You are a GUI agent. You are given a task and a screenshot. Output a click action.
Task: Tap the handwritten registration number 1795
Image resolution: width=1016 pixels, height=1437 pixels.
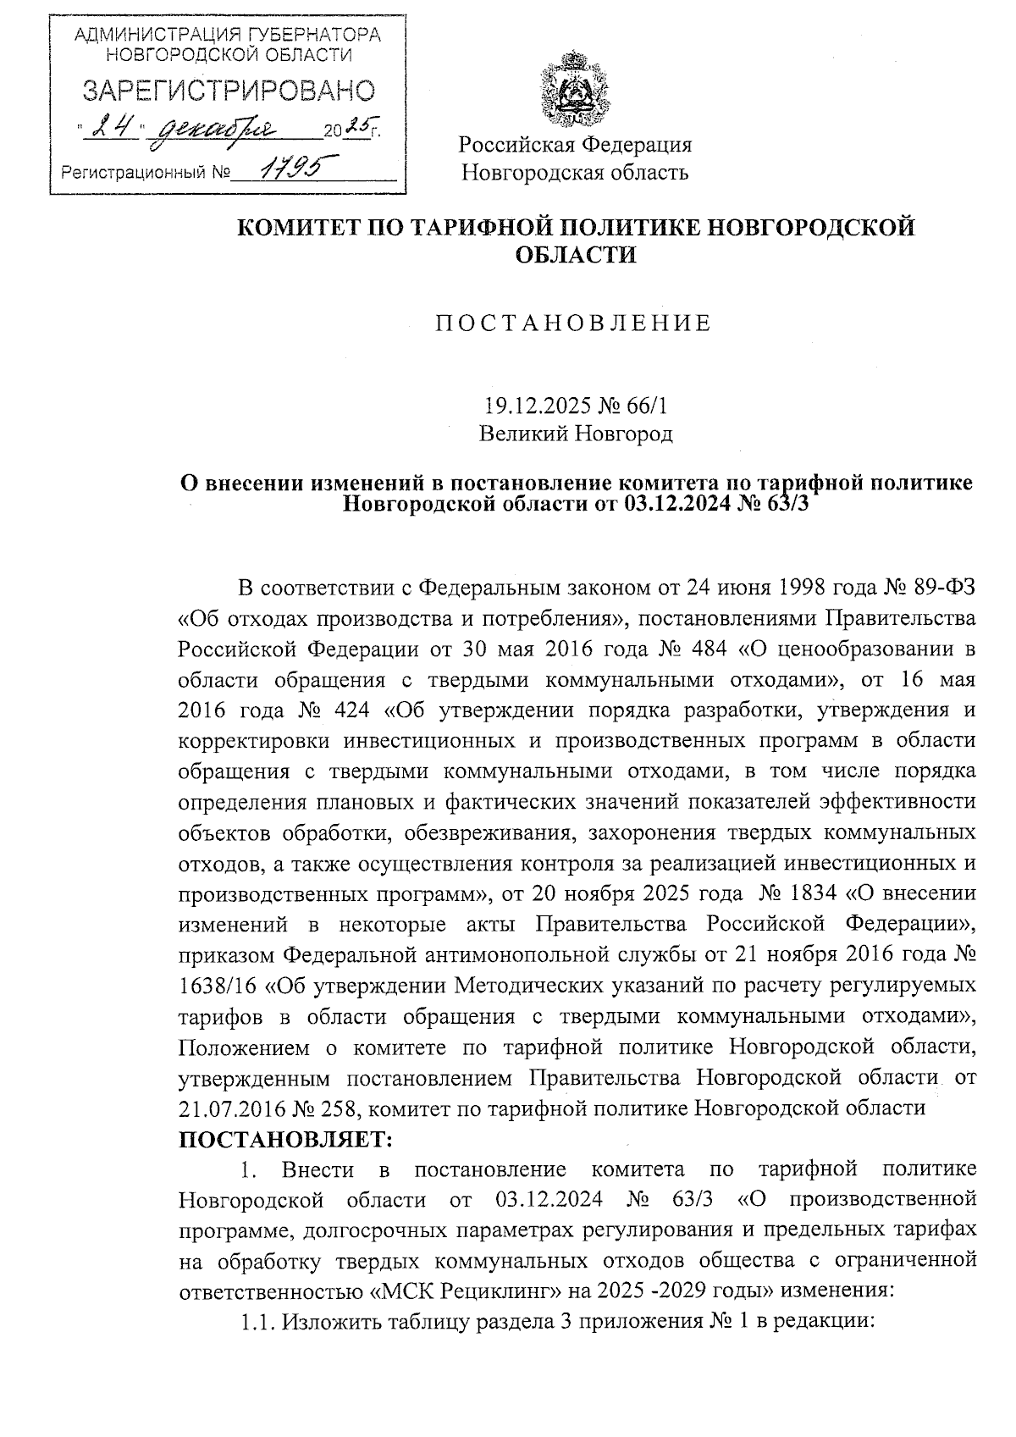point(288,169)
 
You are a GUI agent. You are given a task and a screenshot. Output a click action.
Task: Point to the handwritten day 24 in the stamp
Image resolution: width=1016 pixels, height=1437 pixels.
point(114,128)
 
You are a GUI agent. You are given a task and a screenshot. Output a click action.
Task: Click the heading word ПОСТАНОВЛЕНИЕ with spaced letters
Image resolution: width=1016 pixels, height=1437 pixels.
point(575,323)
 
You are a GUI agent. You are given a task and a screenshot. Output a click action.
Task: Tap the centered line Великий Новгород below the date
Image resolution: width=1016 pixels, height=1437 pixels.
point(576,434)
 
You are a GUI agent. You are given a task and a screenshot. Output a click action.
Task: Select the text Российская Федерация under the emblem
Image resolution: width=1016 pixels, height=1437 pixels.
point(576,144)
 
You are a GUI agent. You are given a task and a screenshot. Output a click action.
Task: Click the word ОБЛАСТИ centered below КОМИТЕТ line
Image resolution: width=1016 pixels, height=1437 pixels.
point(576,254)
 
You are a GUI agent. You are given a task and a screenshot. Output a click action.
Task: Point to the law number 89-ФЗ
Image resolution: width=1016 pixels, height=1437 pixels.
point(942,587)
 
